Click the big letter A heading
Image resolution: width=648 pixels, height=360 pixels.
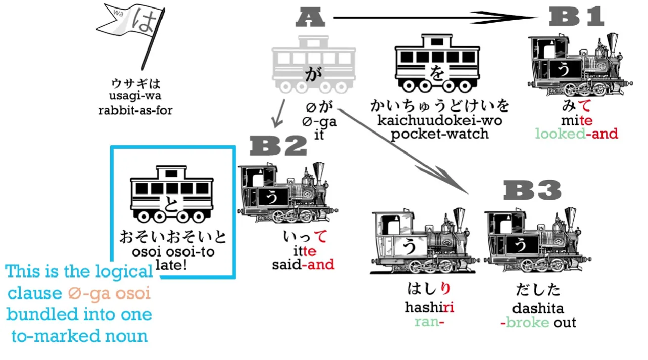click(310, 18)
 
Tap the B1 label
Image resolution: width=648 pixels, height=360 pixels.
click(576, 18)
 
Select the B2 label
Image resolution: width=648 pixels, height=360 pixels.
click(279, 147)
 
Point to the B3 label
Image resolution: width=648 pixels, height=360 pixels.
click(533, 191)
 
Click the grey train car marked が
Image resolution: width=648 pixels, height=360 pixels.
click(313, 64)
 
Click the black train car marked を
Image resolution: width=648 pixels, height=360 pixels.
click(436, 63)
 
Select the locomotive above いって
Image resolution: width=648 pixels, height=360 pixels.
click(287, 193)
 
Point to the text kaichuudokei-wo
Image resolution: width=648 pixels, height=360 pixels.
click(439, 120)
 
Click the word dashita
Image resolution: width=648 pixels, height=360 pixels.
click(538, 308)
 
